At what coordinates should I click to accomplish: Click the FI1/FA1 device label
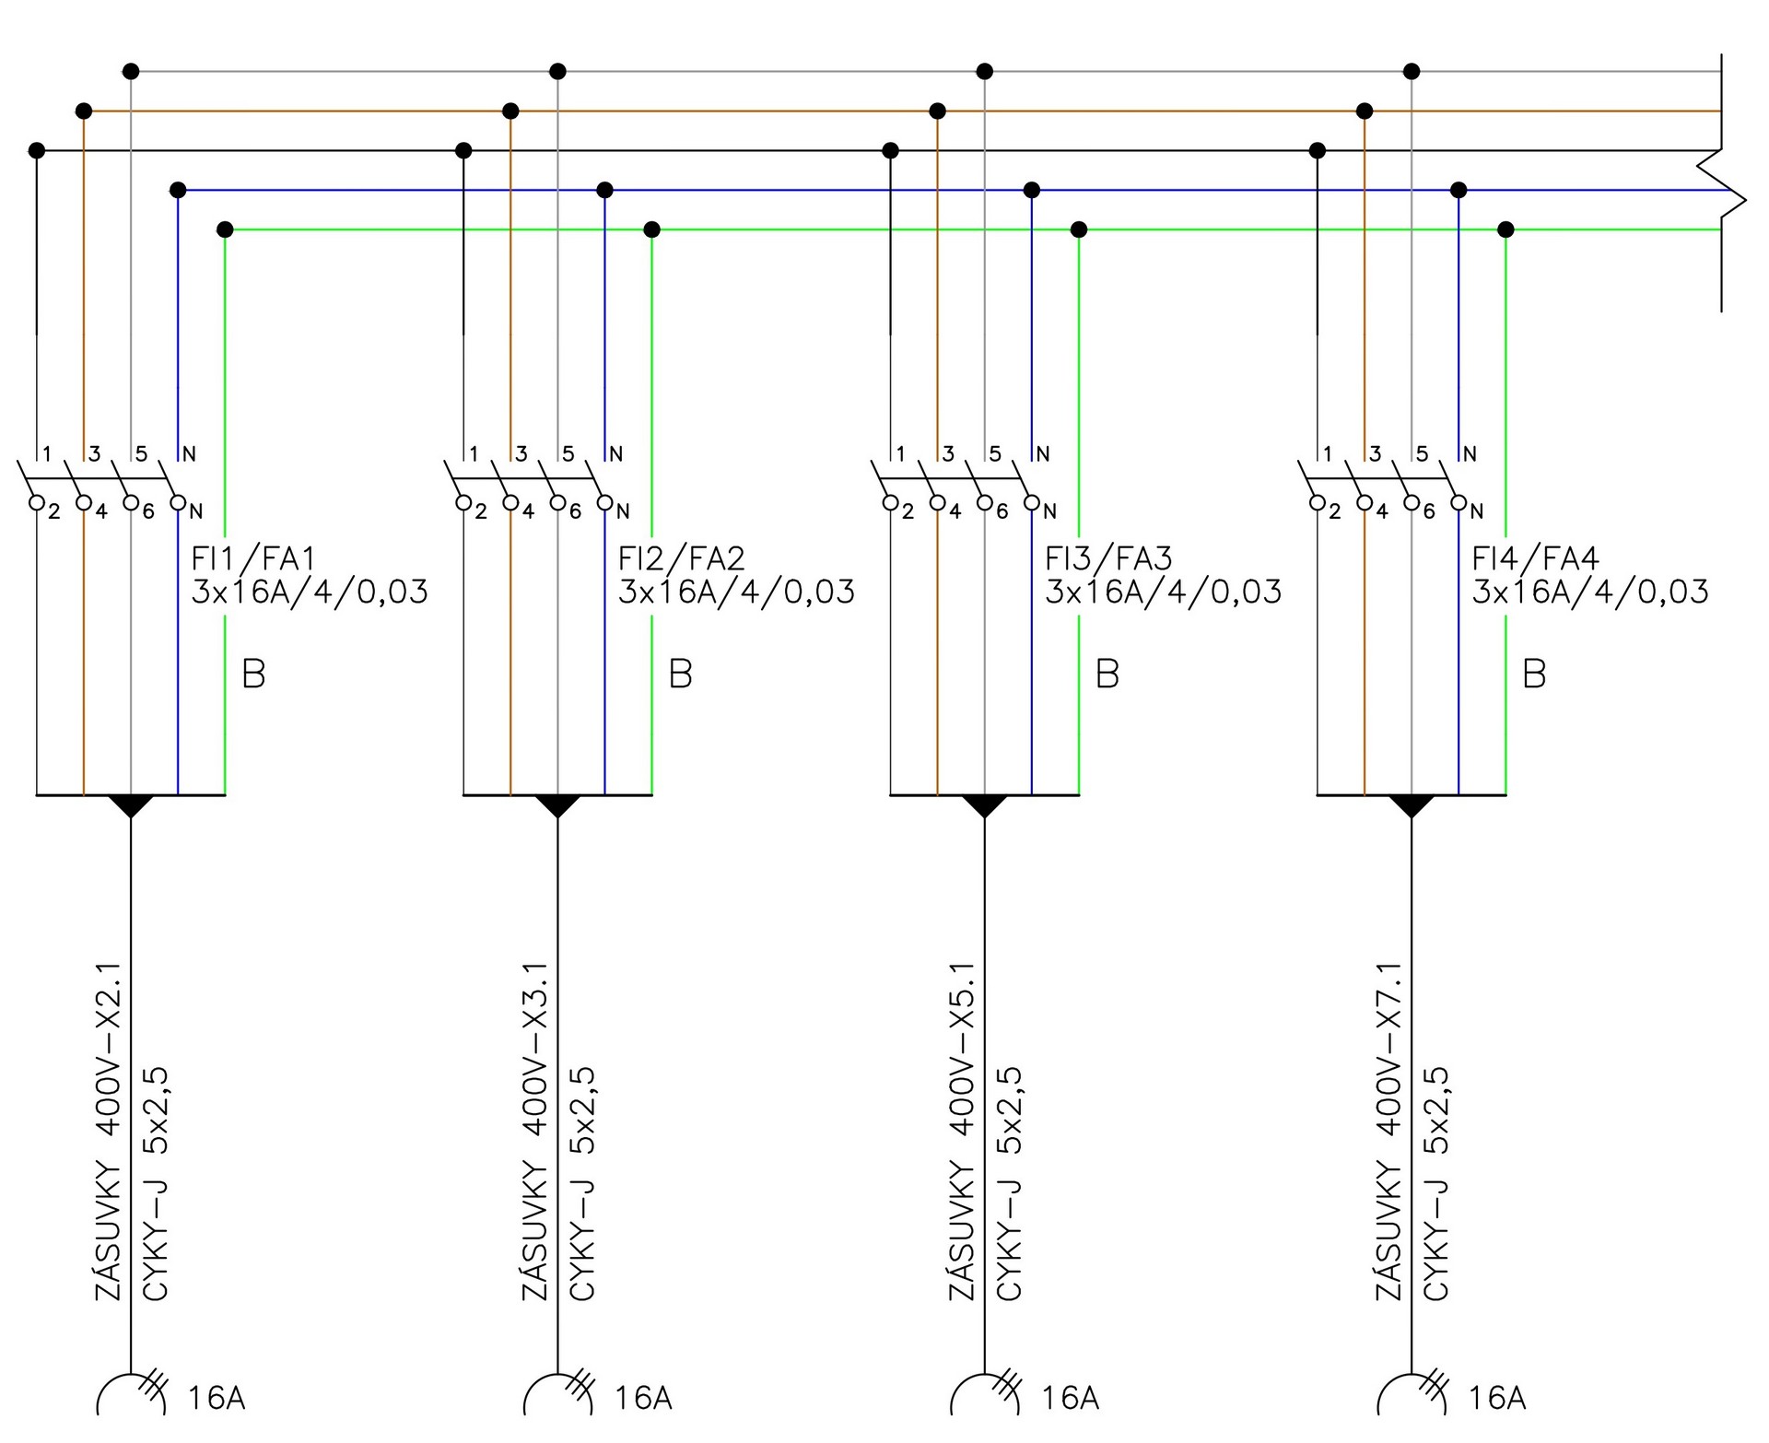click(x=253, y=558)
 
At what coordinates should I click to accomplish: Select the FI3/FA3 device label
click(x=1107, y=558)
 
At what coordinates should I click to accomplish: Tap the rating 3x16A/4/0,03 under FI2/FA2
click(x=736, y=592)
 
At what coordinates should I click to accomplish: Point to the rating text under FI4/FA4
click(x=1590, y=592)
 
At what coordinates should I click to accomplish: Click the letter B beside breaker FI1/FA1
click(x=253, y=675)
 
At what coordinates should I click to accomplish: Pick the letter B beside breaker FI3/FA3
click(x=1107, y=675)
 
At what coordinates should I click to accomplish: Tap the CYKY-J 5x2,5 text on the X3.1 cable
click(x=583, y=1184)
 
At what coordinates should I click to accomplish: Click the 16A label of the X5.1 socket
click(x=1070, y=1399)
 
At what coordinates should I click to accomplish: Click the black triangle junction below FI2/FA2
click(x=557, y=805)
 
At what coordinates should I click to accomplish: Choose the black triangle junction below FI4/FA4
click(x=1412, y=805)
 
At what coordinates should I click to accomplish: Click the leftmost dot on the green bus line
click(x=225, y=229)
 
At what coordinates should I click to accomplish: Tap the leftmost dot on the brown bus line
click(x=84, y=111)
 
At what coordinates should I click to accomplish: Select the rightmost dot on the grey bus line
click(x=1412, y=71)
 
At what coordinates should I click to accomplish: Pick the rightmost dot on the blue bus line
click(x=1459, y=190)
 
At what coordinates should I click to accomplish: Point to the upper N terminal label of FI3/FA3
click(x=1043, y=453)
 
